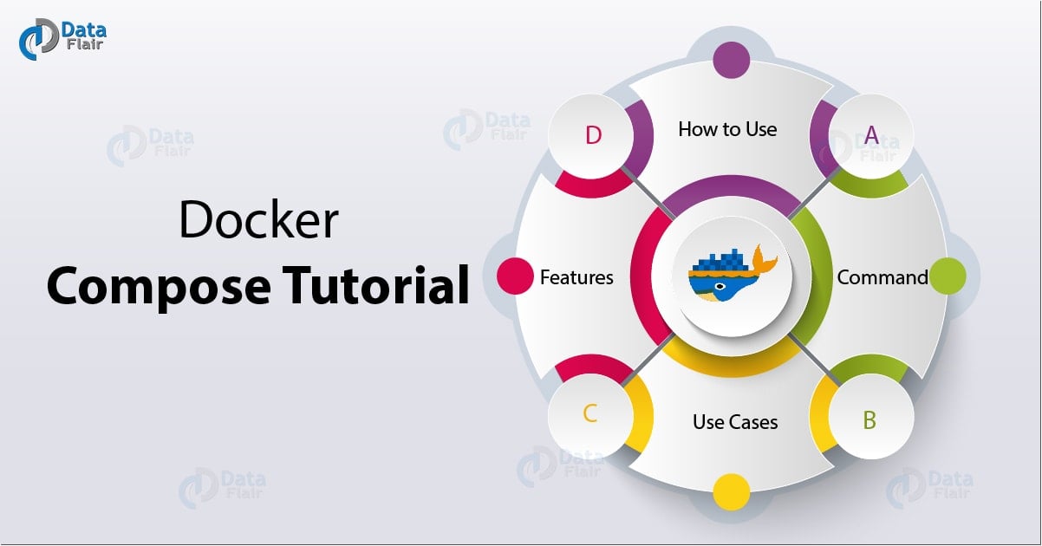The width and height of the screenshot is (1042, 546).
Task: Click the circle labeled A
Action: pos(871,135)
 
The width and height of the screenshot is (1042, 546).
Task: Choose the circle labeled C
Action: pos(590,413)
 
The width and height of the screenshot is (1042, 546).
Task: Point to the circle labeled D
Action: pos(593,135)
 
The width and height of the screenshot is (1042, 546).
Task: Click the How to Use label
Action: pos(727,129)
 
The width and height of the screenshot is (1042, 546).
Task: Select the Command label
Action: pos(882,277)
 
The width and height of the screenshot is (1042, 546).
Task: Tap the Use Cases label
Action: pos(735,422)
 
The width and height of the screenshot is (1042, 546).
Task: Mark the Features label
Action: pos(576,277)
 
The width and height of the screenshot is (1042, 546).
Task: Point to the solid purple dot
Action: pos(730,62)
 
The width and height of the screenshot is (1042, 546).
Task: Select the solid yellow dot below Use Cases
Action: pos(730,491)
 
